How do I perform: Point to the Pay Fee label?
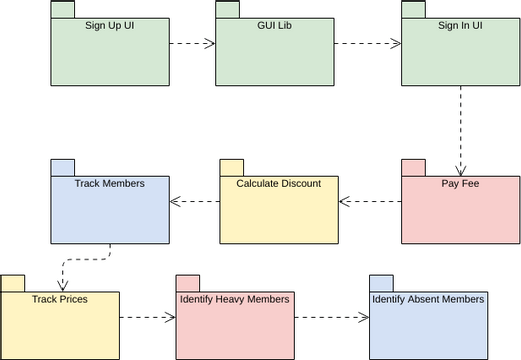coord(460,184)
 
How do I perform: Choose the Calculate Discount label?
coord(278,184)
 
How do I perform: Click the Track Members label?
coord(110,184)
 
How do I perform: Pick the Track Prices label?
coord(60,299)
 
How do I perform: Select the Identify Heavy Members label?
coord(235,299)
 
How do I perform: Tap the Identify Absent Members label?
coord(428,299)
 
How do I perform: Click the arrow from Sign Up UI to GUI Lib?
coord(193,44)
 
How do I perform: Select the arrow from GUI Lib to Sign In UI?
coord(367,44)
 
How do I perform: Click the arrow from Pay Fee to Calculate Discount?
coord(370,202)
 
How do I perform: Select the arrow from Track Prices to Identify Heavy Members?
coord(147,319)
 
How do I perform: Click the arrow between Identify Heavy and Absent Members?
coord(331,319)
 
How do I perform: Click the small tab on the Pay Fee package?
coord(414,167)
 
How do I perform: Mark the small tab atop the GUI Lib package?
coord(228,9)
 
